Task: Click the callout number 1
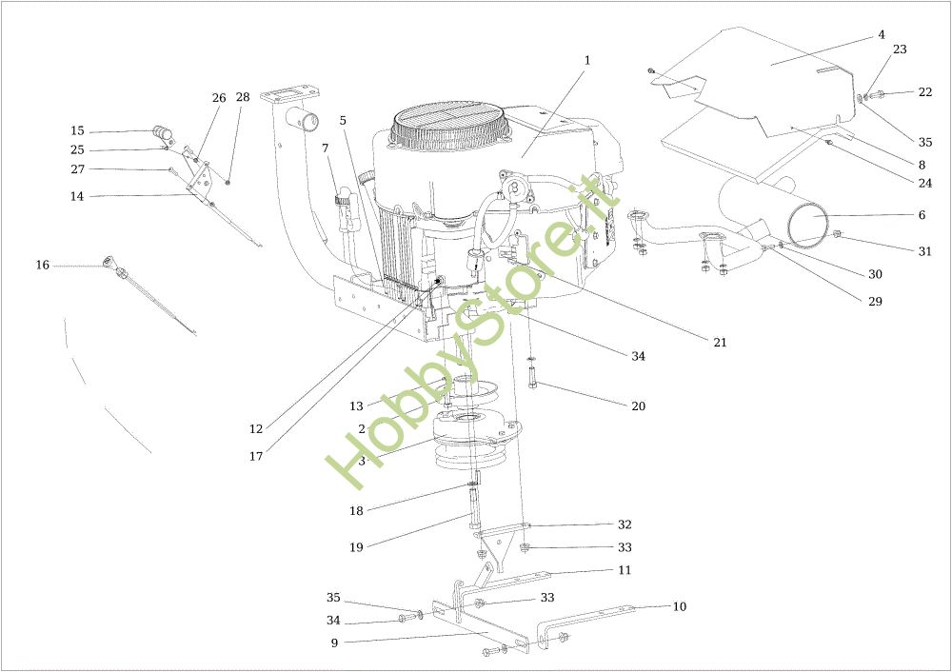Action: (x=586, y=61)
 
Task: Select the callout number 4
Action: (x=882, y=35)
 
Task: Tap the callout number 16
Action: (x=43, y=266)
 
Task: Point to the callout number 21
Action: (x=720, y=343)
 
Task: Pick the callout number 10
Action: (x=680, y=606)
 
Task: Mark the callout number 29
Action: (x=875, y=301)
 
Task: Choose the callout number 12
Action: (x=256, y=428)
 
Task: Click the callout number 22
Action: (x=924, y=92)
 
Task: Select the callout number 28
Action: (x=243, y=97)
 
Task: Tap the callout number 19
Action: (x=356, y=547)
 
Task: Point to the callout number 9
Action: (x=334, y=642)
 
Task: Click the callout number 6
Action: (x=922, y=215)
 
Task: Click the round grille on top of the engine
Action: (x=450, y=129)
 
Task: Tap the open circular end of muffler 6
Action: (x=810, y=223)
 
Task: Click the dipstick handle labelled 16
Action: (x=109, y=262)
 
